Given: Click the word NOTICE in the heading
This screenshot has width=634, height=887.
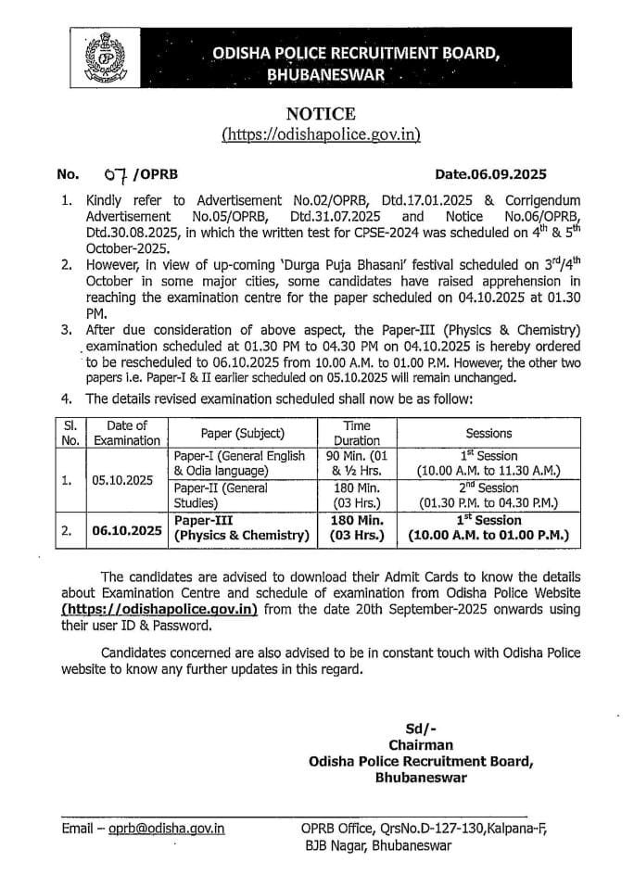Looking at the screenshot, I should tap(321, 114).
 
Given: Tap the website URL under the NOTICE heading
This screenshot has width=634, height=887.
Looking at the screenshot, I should tap(321, 134).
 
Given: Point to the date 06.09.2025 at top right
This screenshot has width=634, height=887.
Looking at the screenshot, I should tap(491, 173).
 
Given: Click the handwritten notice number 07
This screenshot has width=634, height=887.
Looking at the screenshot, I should tap(120, 173).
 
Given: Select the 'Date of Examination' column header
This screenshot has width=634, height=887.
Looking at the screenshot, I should tap(127, 433).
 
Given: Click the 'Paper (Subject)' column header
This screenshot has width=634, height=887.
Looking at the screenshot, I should tap(242, 433).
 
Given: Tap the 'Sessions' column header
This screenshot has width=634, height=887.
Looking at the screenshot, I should tap(488, 433).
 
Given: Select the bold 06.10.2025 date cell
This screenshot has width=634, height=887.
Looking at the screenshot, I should tap(127, 529).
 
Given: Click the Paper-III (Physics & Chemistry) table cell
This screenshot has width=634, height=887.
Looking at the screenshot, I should tap(241, 529).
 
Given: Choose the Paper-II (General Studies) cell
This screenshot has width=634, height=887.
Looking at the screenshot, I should tap(241, 495).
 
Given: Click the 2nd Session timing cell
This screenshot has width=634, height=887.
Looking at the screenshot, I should tap(488, 495).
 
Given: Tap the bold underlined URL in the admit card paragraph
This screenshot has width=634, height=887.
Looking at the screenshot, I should tap(158, 610).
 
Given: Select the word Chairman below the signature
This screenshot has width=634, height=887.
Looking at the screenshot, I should tap(422, 744).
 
